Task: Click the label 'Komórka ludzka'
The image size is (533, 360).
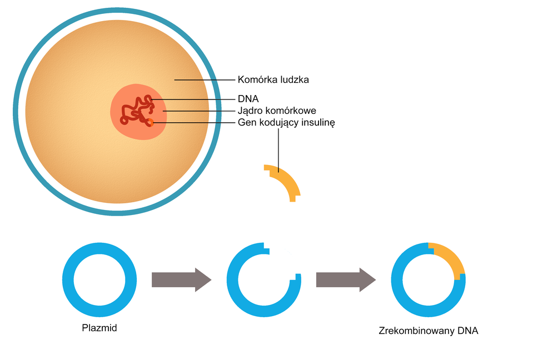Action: click(x=273, y=79)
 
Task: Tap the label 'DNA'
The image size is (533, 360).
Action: click(x=248, y=99)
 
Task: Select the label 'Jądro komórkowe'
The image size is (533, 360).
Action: click(x=277, y=111)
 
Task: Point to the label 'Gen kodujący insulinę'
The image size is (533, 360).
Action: click(x=286, y=122)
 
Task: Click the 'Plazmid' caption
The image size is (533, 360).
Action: click(x=99, y=328)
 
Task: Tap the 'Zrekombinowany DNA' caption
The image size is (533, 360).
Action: click(x=428, y=331)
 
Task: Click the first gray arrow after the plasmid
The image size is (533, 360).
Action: click(x=181, y=279)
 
